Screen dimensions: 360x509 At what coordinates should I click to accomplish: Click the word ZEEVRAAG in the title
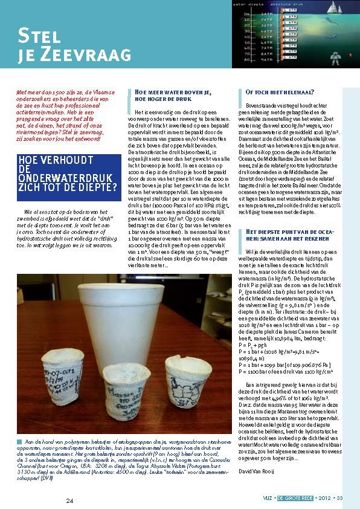point(84,54)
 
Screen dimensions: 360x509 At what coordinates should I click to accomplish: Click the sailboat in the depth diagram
point(320,16)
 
